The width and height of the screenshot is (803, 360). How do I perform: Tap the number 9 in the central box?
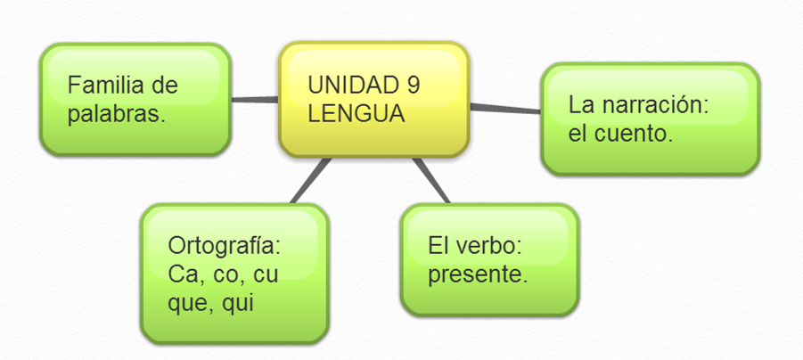click(413, 86)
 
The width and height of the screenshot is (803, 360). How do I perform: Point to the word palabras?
click(117, 114)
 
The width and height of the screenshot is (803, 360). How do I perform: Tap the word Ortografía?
click(230, 246)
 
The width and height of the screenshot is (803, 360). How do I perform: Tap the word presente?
click(478, 275)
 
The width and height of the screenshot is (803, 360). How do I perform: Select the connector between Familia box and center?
click(255, 99)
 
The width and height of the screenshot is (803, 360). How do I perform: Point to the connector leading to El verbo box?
click(433, 181)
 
